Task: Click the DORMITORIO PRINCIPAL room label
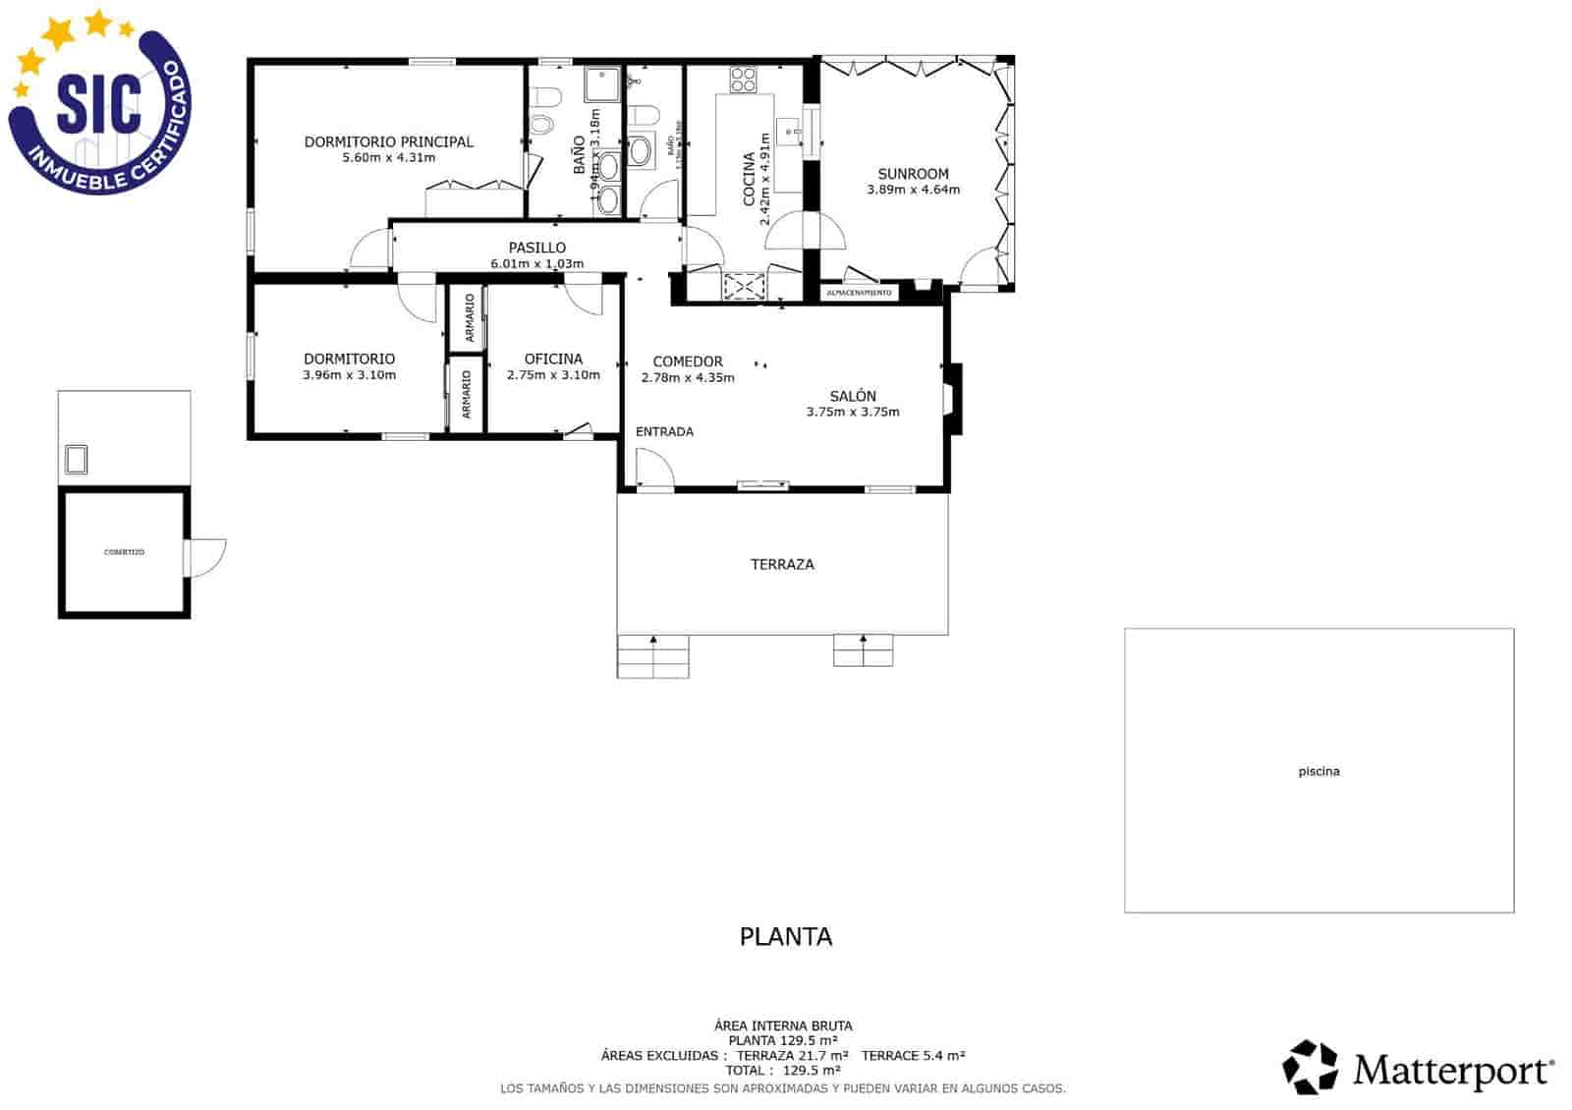click(388, 142)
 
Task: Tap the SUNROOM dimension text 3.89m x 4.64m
click(913, 190)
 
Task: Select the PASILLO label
click(536, 248)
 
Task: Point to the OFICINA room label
click(553, 360)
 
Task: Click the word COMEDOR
click(688, 361)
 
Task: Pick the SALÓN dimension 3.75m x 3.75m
click(852, 412)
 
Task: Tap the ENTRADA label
click(664, 431)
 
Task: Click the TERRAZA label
click(782, 564)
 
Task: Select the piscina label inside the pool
click(1319, 771)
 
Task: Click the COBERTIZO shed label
click(124, 552)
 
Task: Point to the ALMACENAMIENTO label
click(859, 293)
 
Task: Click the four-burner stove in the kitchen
click(743, 80)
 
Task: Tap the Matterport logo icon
click(1311, 1067)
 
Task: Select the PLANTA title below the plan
click(785, 936)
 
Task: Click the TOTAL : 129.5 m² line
click(782, 1070)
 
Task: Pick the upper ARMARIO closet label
click(470, 317)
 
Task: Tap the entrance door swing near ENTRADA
click(652, 468)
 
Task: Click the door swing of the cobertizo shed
click(207, 557)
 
